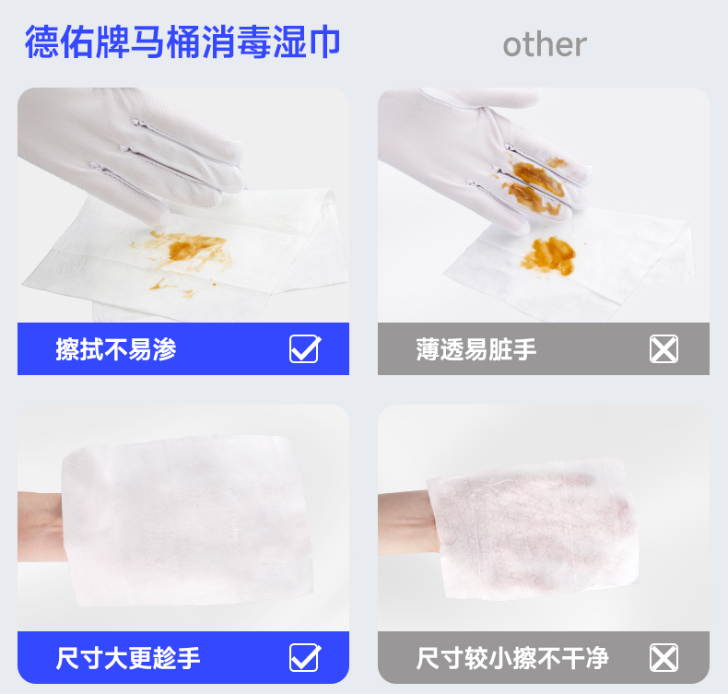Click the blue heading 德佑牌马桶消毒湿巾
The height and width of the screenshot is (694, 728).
(182, 42)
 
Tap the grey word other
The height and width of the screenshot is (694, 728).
(545, 45)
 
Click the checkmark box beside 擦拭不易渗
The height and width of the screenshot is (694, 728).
(305, 348)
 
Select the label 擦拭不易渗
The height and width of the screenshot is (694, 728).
(115, 349)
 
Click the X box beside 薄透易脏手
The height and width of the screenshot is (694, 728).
(663, 348)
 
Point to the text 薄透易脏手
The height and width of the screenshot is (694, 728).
(476, 349)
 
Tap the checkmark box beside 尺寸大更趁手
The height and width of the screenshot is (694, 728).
(305, 657)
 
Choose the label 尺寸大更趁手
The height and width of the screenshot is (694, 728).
(128, 658)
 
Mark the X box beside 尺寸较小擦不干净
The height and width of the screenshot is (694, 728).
(663, 657)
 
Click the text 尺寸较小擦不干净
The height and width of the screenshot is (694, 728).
(512, 658)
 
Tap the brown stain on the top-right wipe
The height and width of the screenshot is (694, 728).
(549, 255)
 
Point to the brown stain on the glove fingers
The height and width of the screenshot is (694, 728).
(534, 183)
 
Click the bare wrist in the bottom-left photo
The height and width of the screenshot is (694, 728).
(41, 527)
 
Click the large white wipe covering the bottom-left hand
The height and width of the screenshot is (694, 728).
(186, 520)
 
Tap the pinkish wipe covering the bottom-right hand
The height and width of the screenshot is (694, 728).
(533, 529)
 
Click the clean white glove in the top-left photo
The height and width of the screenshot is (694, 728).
(130, 148)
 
